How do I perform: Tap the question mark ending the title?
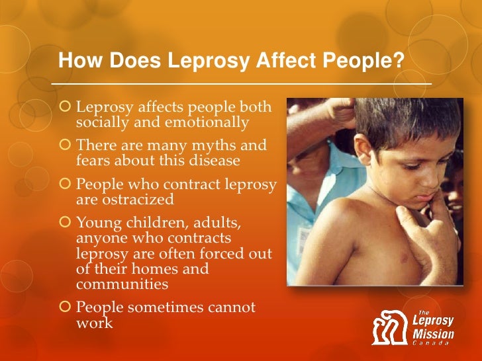(399, 61)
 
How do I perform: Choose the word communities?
(122, 284)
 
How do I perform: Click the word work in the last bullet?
(95, 323)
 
